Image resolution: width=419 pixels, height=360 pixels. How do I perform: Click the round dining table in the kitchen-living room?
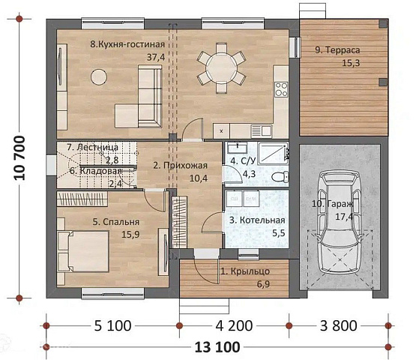pyautogui.click(x=222, y=68)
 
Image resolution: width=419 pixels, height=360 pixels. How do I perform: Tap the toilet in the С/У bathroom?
pyautogui.click(x=280, y=177)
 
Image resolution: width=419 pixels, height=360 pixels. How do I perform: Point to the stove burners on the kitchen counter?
pyautogui.click(x=281, y=89)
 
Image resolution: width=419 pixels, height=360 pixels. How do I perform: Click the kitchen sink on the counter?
pyautogui.click(x=262, y=131)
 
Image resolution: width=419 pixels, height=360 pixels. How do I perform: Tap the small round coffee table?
pyautogui.click(x=99, y=77)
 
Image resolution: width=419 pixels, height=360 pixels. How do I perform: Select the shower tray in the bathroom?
pyautogui.click(x=273, y=154)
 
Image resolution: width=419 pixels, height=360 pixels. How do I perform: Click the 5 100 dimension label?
pyautogui.click(x=112, y=325)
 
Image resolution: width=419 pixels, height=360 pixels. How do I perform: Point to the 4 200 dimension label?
pyautogui.click(x=234, y=325)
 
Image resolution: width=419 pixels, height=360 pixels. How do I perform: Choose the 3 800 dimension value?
pyautogui.click(x=338, y=325)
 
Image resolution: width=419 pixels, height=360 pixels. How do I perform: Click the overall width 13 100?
pyautogui.click(x=217, y=347)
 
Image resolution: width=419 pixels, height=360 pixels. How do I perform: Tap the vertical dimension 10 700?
pyautogui.click(x=19, y=157)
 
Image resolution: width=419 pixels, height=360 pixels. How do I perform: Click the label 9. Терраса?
pyautogui.click(x=337, y=50)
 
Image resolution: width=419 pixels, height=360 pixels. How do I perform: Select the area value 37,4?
pyautogui.click(x=156, y=57)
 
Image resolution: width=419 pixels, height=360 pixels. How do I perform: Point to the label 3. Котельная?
pyautogui.click(x=257, y=220)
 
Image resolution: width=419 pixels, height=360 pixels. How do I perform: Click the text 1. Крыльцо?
pyautogui.click(x=245, y=271)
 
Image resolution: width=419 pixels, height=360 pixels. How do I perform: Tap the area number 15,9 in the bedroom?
pyautogui.click(x=130, y=235)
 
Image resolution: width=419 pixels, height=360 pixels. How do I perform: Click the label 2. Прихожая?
pyautogui.click(x=181, y=165)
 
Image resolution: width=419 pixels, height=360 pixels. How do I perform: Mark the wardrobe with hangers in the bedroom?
pyautogui.click(x=82, y=199)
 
